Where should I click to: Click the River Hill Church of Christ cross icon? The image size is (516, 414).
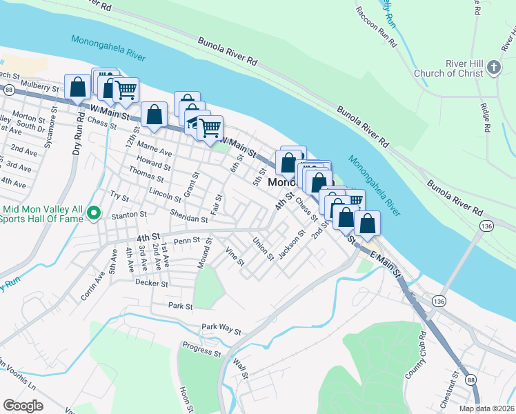(493, 68)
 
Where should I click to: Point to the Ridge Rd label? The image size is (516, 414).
(486, 118)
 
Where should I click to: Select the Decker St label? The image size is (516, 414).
(152, 283)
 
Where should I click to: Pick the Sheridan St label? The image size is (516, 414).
(189, 218)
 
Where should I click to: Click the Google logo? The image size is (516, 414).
(23, 406)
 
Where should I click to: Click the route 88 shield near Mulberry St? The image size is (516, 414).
(8, 90)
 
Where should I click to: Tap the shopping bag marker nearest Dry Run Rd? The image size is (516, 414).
(77, 87)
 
